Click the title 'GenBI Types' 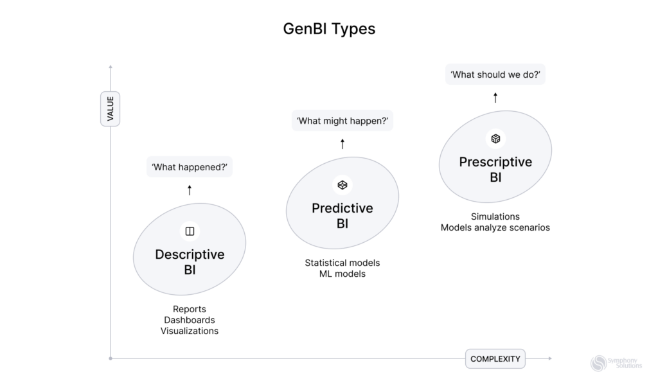[x=329, y=30]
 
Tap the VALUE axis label [x=111, y=109]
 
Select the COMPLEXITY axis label [x=495, y=358]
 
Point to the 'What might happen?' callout [x=342, y=121]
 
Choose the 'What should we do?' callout [x=495, y=75]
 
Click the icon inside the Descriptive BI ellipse [x=190, y=231]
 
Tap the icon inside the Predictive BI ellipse [x=342, y=185]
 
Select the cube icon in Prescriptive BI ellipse [x=495, y=139]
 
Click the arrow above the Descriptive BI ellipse [x=190, y=190]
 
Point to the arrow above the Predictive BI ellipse [x=342, y=144]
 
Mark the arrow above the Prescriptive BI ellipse [x=495, y=98]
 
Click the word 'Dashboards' [x=190, y=320]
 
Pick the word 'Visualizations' [x=190, y=331]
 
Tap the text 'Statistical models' [x=342, y=263]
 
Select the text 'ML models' [x=342, y=274]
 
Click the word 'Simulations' [x=495, y=216]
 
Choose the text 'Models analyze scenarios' [x=495, y=227]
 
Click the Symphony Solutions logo [x=616, y=364]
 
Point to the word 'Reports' [x=190, y=309]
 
